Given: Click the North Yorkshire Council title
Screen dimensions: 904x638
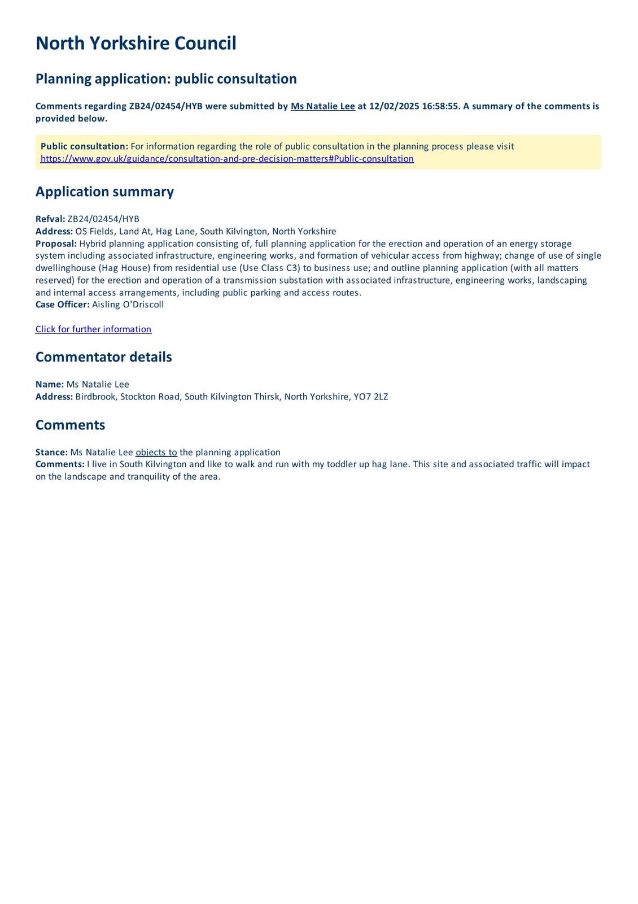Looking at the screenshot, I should (136, 44).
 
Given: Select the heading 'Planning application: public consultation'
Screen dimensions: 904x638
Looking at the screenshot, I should (166, 79).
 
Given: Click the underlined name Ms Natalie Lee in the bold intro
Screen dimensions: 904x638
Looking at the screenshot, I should (322, 106).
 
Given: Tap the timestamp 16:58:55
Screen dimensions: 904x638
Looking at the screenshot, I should (440, 106).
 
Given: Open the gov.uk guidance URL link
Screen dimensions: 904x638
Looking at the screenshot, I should (227, 159).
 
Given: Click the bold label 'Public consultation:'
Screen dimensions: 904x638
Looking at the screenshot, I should (84, 146).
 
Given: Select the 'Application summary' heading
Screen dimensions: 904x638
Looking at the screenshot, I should (104, 192).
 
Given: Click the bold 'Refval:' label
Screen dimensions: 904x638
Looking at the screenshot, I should (50, 219).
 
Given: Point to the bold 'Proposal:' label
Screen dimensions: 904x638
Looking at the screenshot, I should (56, 244).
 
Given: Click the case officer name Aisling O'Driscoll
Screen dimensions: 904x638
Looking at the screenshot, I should (128, 305).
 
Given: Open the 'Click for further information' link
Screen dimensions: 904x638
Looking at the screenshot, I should (93, 329).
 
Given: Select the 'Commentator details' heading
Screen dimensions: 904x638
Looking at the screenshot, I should (103, 357).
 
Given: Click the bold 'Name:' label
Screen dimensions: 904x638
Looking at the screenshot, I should (50, 384).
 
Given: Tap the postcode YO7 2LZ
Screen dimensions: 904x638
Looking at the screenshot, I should (371, 397).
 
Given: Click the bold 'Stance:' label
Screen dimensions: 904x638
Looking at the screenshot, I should (51, 452).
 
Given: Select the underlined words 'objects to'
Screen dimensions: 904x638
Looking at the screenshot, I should (156, 452).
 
